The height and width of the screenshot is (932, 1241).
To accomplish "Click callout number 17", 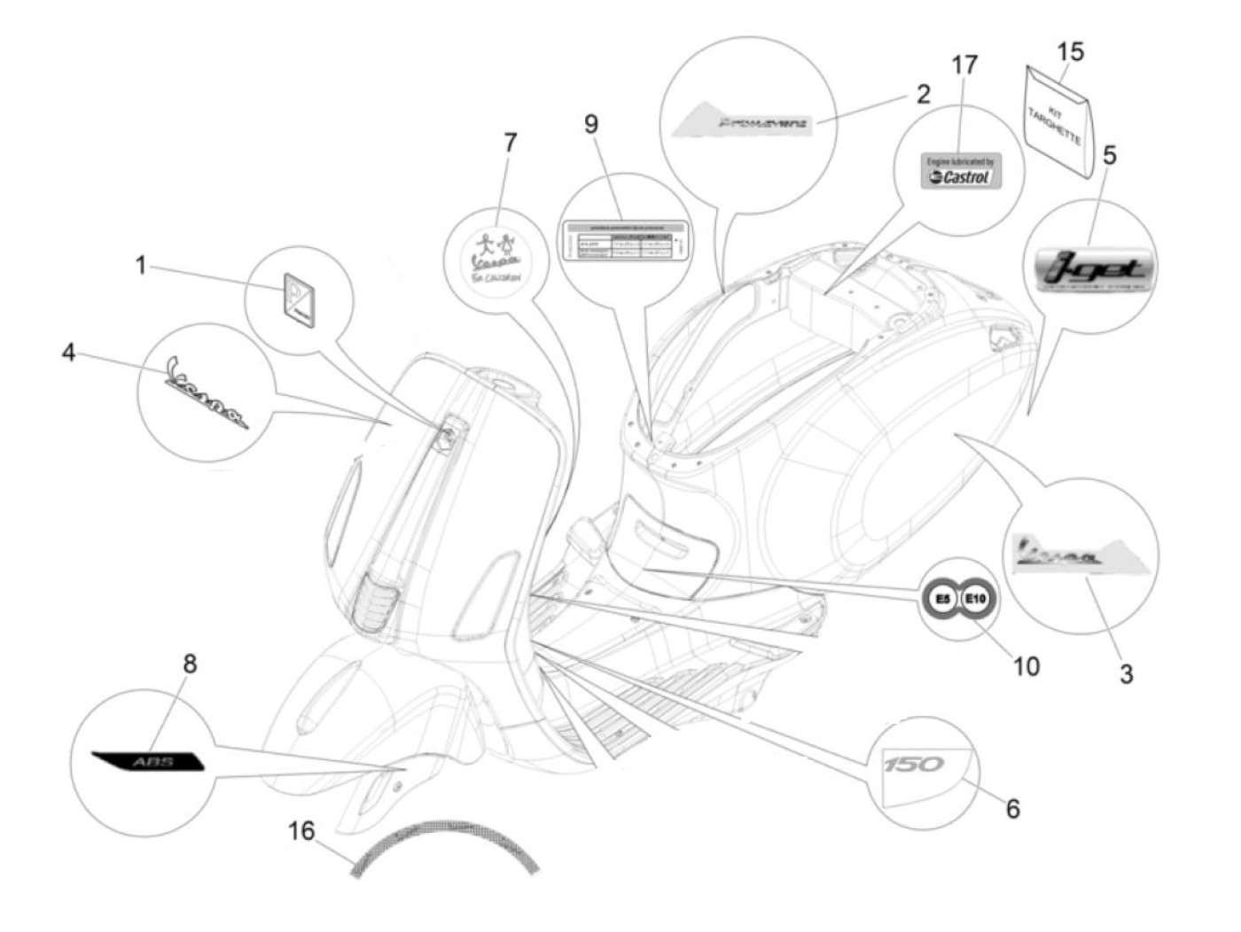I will click(x=964, y=66).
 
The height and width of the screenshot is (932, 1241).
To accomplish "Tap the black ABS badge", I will click(x=148, y=760).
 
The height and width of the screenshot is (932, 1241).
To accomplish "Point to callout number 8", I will click(x=189, y=663).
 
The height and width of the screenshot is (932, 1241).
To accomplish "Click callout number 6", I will click(x=1012, y=807).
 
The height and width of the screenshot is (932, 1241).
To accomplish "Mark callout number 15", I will click(x=1071, y=51).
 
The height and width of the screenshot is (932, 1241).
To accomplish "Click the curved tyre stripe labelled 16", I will click(x=443, y=837).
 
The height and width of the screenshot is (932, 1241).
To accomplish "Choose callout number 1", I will click(x=140, y=264).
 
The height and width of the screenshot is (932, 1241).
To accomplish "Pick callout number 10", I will click(x=1026, y=664).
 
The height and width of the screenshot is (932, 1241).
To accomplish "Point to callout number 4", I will click(x=69, y=353).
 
